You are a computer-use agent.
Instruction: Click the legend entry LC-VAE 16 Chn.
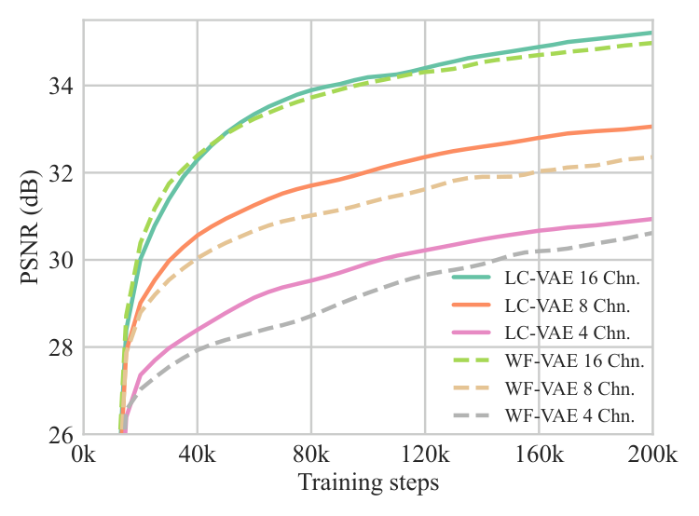coord(546,278)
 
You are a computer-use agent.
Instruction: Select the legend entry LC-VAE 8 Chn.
coord(541,306)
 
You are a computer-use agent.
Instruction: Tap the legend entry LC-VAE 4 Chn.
coord(541,333)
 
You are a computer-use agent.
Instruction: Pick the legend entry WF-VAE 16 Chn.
coord(548,360)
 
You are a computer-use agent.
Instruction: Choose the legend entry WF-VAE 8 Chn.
coord(543,388)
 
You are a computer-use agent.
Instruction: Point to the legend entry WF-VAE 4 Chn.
coord(543,415)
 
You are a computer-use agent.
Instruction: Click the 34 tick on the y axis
coord(62,86)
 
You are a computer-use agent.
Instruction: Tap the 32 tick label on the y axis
coord(62,173)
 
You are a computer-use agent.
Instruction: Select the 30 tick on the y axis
coord(62,260)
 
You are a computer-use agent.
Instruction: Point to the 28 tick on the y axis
coord(62,347)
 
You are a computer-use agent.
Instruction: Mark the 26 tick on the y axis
coord(62,434)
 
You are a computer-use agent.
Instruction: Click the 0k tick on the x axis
coord(84,455)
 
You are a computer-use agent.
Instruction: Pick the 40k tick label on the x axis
coord(198,455)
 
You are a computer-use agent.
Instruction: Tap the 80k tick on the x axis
coord(311,455)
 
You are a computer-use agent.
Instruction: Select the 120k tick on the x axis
coord(425,455)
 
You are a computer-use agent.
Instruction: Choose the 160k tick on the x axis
coord(539,455)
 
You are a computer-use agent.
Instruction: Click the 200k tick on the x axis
coord(652,455)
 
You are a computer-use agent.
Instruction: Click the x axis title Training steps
coord(368,483)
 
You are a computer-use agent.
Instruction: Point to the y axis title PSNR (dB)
coord(31,227)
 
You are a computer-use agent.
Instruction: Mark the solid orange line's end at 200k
coord(651,127)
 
